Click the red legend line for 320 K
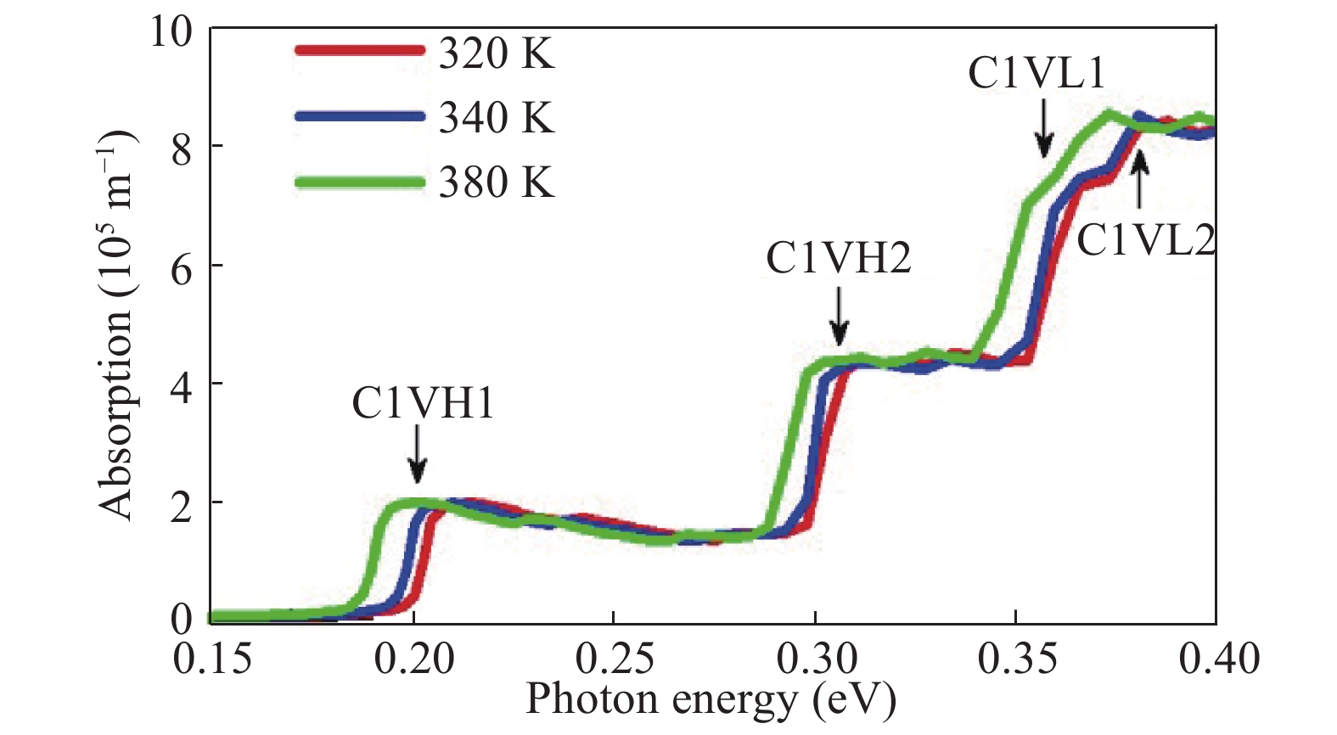358,50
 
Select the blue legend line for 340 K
358,116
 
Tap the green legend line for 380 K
358,182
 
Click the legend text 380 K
497,182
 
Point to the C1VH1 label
423,404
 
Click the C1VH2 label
838,258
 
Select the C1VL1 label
1036,74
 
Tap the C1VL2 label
1145,241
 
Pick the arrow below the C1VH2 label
839,317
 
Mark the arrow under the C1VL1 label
1044,129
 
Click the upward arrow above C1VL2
1140,178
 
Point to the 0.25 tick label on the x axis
614,659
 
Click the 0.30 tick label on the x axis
815,659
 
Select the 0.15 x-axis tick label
212,659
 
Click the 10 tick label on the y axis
171,31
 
